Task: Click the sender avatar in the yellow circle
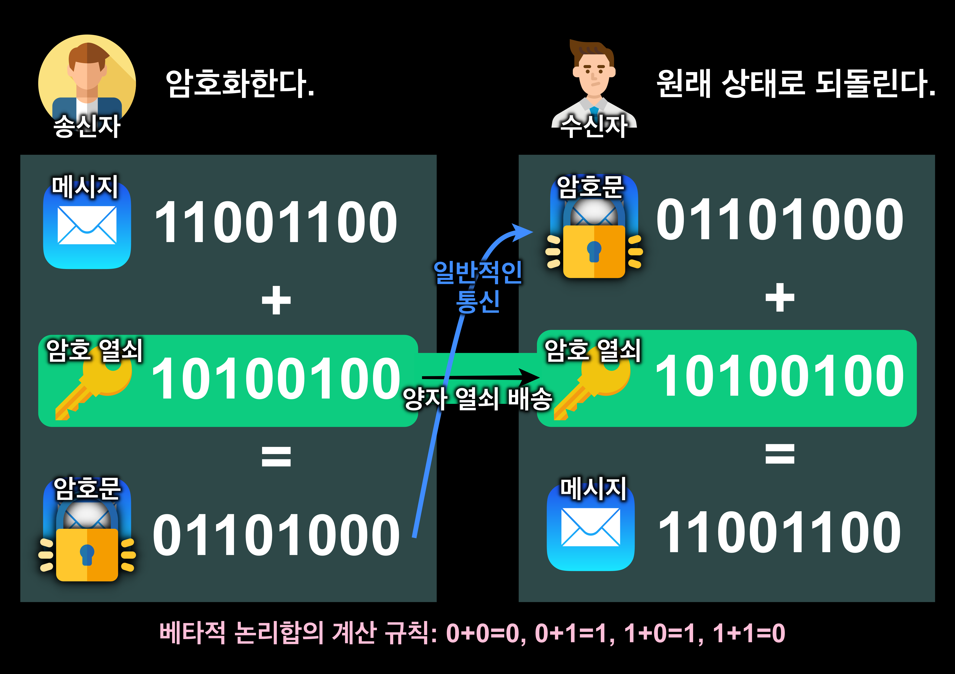pos(87,81)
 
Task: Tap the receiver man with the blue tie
pos(594,83)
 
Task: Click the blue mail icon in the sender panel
pos(87,226)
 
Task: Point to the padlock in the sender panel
pos(87,548)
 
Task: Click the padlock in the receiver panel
pos(594,245)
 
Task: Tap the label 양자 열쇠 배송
pos(477,399)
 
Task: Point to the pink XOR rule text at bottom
pos(472,633)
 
